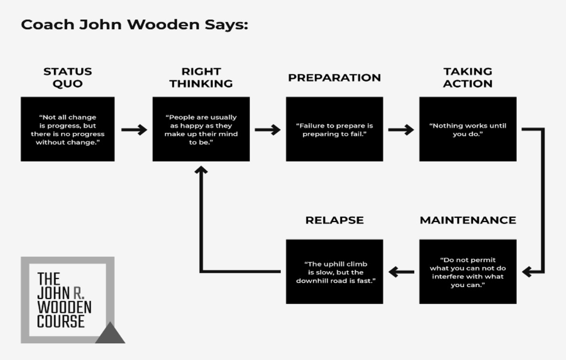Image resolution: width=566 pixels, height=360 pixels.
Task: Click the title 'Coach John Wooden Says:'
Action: (135, 24)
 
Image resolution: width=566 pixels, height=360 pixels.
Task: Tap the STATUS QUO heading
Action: (67, 77)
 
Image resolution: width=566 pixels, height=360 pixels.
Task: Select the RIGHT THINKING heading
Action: (201, 77)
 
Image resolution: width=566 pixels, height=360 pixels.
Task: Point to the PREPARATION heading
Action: (334, 77)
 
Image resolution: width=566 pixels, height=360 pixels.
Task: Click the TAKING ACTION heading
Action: (468, 77)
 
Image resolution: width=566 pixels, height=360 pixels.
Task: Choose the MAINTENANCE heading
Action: (468, 220)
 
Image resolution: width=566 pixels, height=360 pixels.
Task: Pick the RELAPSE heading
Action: (335, 220)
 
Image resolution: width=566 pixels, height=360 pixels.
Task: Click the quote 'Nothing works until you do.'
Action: (468, 129)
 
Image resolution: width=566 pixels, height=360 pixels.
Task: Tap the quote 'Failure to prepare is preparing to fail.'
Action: (335, 129)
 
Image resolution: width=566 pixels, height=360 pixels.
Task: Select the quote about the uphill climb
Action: (336, 272)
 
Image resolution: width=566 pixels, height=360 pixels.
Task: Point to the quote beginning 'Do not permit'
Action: (468, 272)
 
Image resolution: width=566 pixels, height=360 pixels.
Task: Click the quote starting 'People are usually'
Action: (201, 129)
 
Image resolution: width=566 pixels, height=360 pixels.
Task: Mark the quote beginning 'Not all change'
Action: (67, 129)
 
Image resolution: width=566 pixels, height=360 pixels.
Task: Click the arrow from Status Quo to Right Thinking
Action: (134, 129)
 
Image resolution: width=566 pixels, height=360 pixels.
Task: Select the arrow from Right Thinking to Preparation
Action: (267, 129)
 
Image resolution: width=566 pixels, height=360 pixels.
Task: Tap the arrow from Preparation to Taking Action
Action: (401, 129)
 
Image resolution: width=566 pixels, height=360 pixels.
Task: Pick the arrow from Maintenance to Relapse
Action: (401, 272)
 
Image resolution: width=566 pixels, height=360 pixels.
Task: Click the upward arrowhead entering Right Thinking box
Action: (201, 169)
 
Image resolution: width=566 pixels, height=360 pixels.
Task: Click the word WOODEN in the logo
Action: (64, 307)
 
